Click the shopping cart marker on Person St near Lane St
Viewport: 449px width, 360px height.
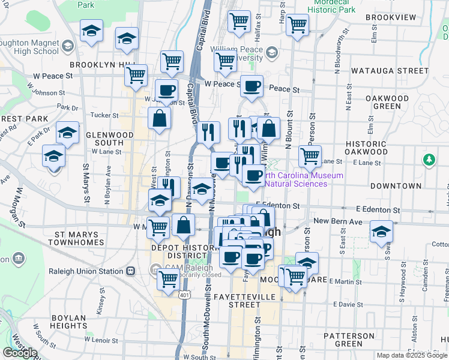click(x=310, y=156)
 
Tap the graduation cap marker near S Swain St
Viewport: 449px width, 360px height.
click(x=381, y=232)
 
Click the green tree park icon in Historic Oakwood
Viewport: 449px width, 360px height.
click(x=428, y=160)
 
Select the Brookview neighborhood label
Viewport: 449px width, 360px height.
click(x=390, y=17)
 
